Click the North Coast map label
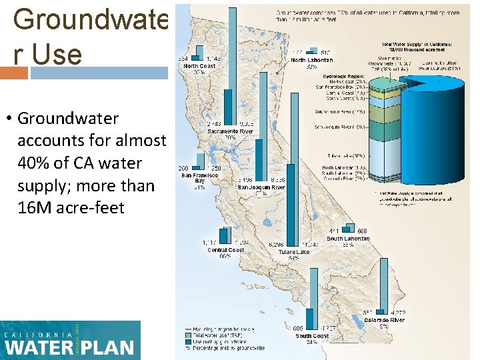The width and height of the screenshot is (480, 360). click(x=199, y=66)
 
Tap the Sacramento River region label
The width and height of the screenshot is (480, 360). click(x=230, y=132)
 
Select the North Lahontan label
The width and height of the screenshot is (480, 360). click(x=311, y=60)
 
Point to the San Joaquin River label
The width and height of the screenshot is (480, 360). click(x=261, y=188)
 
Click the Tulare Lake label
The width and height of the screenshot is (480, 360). click(x=293, y=253)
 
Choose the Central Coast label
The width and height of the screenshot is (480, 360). click(x=225, y=250)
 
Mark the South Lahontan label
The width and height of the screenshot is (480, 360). click(x=347, y=239)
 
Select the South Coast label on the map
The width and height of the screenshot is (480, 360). click(x=312, y=336)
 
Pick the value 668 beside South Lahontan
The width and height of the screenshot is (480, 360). click(x=362, y=231)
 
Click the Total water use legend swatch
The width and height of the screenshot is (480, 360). click(x=188, y=335)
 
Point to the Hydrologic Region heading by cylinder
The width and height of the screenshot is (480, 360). click(x=339, y=76)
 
